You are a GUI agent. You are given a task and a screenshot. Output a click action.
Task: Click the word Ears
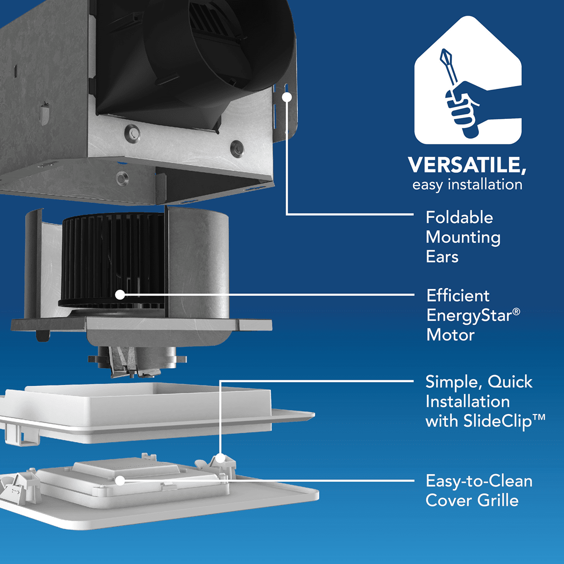442,257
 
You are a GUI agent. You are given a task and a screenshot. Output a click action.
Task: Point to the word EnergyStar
469,315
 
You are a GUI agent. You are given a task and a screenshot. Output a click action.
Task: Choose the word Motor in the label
450,335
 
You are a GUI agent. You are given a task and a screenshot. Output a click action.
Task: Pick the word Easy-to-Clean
478,481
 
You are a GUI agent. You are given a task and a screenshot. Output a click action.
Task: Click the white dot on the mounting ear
287,97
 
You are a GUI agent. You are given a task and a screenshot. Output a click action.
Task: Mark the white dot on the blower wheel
120,295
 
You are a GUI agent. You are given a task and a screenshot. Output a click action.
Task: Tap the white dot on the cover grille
120,480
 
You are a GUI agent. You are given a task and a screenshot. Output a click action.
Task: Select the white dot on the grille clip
220,457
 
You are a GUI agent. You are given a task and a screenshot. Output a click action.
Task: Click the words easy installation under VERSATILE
467,185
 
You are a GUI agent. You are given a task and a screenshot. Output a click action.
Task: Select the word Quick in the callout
509,382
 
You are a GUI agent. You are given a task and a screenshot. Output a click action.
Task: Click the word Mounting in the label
463,237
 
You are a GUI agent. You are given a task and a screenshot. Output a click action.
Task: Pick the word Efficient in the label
458,296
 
